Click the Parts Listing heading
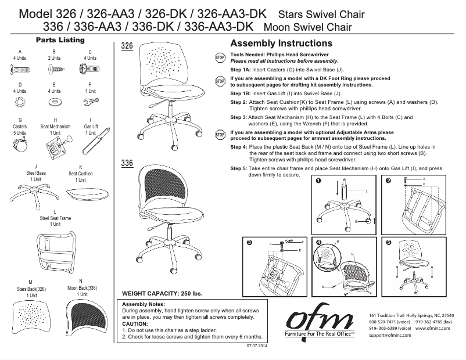[x=60, y=40]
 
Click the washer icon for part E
[x=55, y=102]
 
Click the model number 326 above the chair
[x=127, y=46]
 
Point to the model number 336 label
[x=127, y=163]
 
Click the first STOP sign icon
[x=220, y=57]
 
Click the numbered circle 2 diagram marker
[x=389, y=181]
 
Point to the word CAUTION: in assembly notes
[x=135, y=323]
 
